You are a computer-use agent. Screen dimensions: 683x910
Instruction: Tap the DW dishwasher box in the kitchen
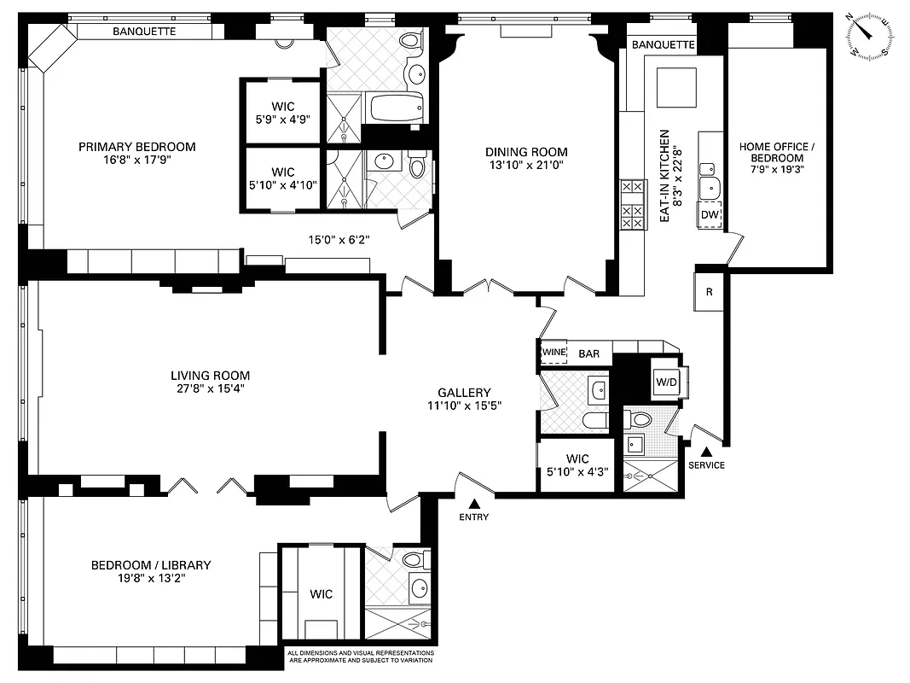pyautogui.click(x=710, y=215)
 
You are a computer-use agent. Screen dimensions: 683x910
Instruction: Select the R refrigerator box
pyautogui.click(x=709, y=290)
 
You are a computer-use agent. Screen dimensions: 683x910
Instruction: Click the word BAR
pyautogui.click(x=589, y=353)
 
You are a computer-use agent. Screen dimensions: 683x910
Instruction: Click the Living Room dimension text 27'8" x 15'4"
pyautogui.click(x=210, y=389)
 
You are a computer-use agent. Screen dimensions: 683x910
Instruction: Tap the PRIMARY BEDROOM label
pyautogui.click(x=136, y=147)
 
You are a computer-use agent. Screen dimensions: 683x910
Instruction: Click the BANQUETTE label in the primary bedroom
pyautogui.click(x=144, y=32)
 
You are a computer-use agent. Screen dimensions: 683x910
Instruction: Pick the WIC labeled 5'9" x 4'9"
pyautogui.click(x=283, y=113)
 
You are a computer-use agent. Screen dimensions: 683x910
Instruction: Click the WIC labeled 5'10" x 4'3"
pyautogui.click(x=576, y=465)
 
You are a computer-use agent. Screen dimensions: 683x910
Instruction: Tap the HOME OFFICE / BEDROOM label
pyautogui.click(x=776, y=153)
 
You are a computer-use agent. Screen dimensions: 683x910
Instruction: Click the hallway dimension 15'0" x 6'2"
pyautogui.click(x=339, y=240)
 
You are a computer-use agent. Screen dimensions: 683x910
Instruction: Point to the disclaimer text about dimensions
pyautogui.click(x=359, y=657)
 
